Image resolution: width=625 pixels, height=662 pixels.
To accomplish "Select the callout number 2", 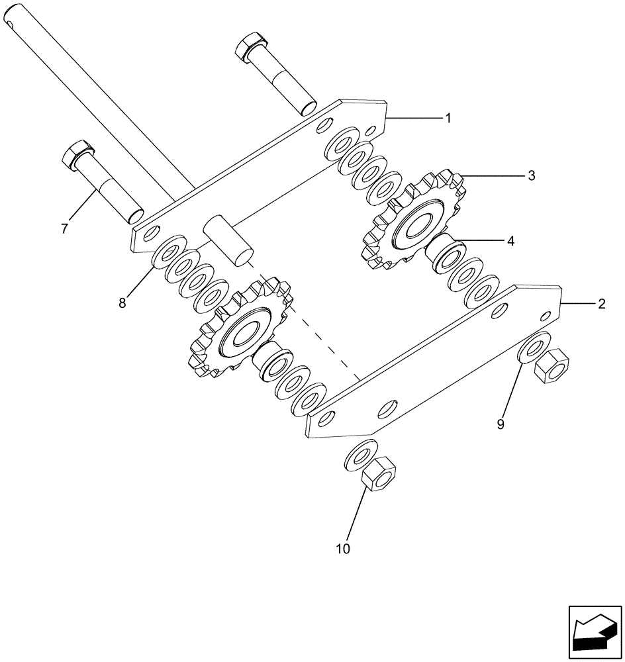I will click(601, 304).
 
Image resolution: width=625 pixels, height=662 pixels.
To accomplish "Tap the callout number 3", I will click(532, 176).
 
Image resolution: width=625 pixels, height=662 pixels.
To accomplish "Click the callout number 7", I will click(64, 229).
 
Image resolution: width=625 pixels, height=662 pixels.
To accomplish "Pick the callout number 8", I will click(122, 303).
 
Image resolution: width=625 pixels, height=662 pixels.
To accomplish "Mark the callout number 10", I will click(344, 549).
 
